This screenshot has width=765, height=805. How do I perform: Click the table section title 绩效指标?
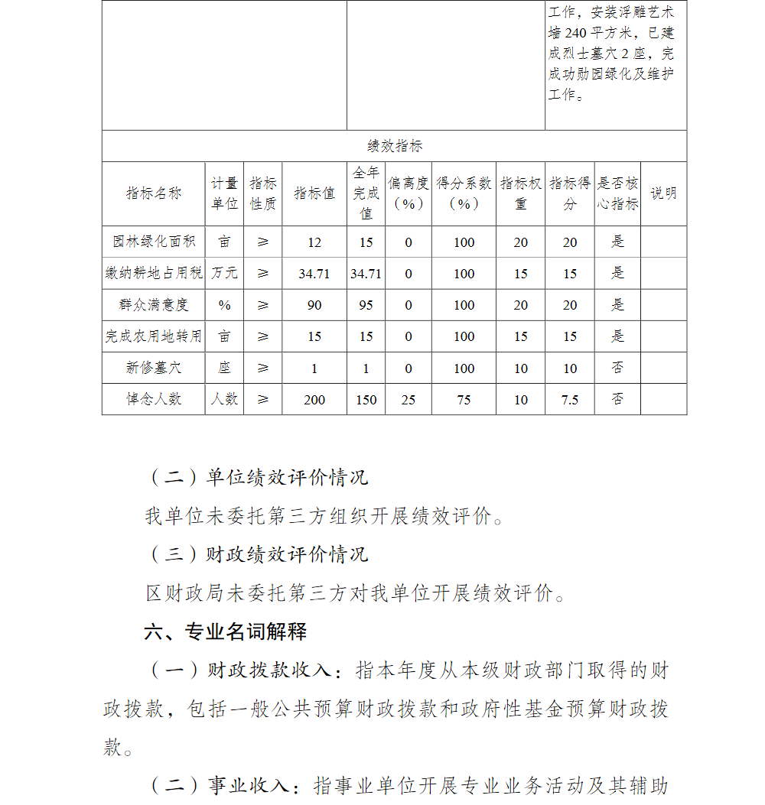point(394,146)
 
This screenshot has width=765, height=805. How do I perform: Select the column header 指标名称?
point(154,193)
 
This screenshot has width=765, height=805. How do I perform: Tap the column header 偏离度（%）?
point(409,193)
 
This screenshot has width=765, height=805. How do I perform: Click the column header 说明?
point(663,193)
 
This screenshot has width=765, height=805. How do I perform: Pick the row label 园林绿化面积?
point(154,242)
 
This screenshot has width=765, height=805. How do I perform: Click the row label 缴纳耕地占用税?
point(154,273)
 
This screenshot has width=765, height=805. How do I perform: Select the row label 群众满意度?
point(154,305)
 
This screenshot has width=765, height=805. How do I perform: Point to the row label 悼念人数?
point(154,399)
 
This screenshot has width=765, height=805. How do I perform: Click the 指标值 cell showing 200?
point(314,400)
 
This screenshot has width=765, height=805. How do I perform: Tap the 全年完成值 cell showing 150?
point(366,400)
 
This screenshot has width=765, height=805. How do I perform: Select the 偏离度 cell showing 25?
point(409,400)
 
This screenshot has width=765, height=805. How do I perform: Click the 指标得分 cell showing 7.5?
point(570,400)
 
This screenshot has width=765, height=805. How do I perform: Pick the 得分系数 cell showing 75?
point(464,400)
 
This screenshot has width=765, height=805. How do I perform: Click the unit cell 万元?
point(224,273)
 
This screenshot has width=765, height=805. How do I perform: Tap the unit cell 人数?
point(224,399)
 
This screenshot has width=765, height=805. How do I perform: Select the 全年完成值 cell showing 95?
point(366,305)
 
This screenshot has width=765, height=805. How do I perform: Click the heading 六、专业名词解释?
point(226,632)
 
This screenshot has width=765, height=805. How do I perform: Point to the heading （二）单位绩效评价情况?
point(257,478)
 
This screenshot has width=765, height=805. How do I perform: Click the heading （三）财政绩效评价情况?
point(257,554)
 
